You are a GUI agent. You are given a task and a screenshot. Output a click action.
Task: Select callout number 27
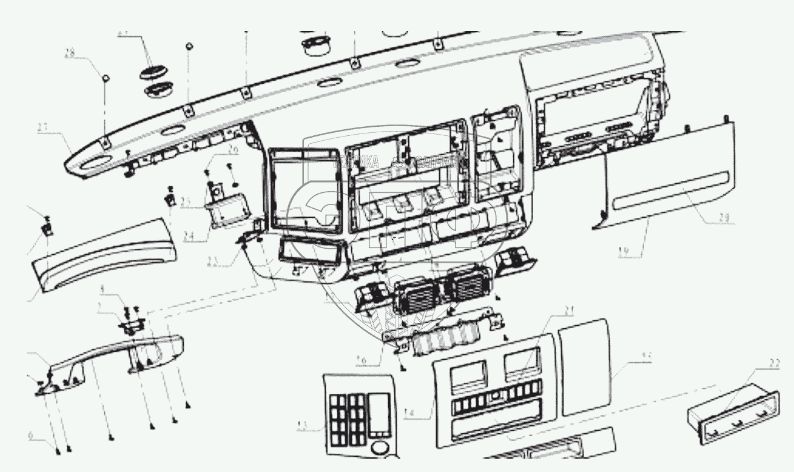pyautogui.click(x=42, y=127)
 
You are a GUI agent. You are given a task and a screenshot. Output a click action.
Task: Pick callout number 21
pyautogui.click(x=568, y=312)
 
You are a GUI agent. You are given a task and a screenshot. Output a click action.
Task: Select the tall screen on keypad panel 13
pyautogui.click(x=379, y=413)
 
